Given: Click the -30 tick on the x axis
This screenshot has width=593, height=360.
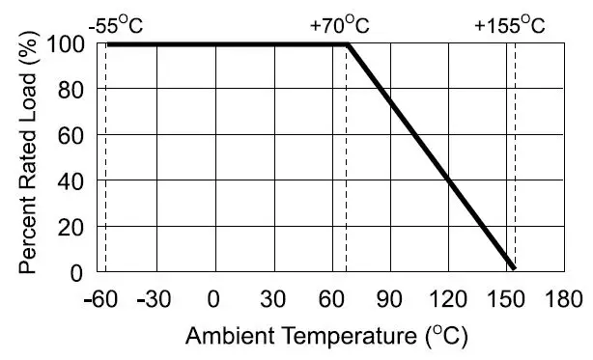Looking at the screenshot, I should (154, 297).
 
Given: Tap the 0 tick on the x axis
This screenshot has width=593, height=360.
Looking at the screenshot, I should (214, 297).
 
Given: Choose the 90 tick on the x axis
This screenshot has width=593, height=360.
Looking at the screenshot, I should (390, 297).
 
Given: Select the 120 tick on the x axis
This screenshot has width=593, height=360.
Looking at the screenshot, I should (448, 297).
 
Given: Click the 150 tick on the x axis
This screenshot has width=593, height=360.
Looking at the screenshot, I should (507, 297).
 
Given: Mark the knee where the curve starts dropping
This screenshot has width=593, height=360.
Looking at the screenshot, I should (348, 44).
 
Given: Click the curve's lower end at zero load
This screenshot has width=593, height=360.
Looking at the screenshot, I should (514, 269).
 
